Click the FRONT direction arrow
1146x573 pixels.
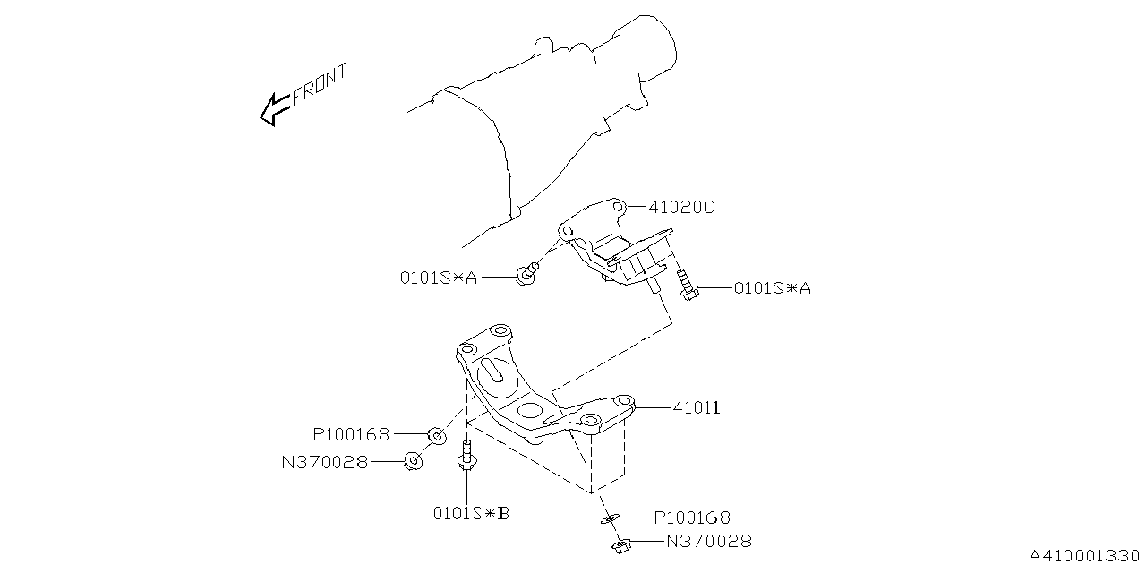(x=275, y=109)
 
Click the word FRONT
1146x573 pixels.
(x=321, y=83)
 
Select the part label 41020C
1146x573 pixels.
(x=681, y=207)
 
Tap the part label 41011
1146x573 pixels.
(x=697, y=407)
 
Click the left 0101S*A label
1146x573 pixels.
(x=439, y=278)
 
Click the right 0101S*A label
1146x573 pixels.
(x=773, y=288)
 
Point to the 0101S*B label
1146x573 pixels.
(x=471, y=513)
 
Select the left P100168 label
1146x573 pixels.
(x=351, y=435)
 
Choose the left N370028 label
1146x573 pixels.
(x=325, y=463)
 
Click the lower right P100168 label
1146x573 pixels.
(x=692, y=517)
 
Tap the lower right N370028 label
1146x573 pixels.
(x=709, y=541)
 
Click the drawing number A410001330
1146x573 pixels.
(x=1084, y=556)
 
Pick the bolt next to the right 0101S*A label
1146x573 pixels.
(x=686, y=285)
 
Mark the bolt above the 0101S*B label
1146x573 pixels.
(x=466, y=456)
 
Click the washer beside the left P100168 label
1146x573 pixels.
(x=437, y=436)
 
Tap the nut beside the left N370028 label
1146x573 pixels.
(x=414, y=461)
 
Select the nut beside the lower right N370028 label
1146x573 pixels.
(x=621, y=546)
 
